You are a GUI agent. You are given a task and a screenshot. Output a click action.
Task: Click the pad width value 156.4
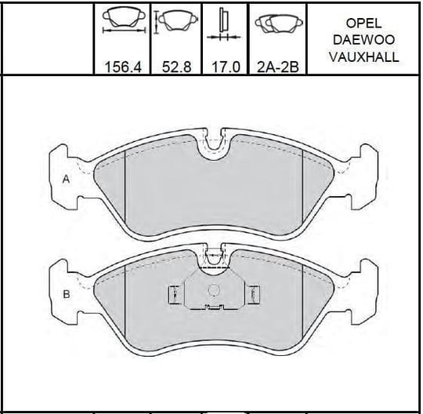pos(123,67)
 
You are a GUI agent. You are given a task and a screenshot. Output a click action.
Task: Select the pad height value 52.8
pos(177,67)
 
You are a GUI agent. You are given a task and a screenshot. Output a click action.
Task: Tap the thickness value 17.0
pos(226,67)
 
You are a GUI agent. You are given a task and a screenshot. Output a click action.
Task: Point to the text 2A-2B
pos(278,67)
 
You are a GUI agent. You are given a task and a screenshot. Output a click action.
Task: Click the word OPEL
pos(363,24)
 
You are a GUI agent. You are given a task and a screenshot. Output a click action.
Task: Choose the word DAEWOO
pos(363,40)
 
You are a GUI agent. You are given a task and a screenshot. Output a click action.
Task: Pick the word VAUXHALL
pos(363,57)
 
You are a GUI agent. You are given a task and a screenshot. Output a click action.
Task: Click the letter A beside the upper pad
pos(66,179)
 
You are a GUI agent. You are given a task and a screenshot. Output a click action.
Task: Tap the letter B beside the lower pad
pos(67,294)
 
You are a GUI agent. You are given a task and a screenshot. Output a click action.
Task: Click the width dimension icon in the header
pos(124,20)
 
